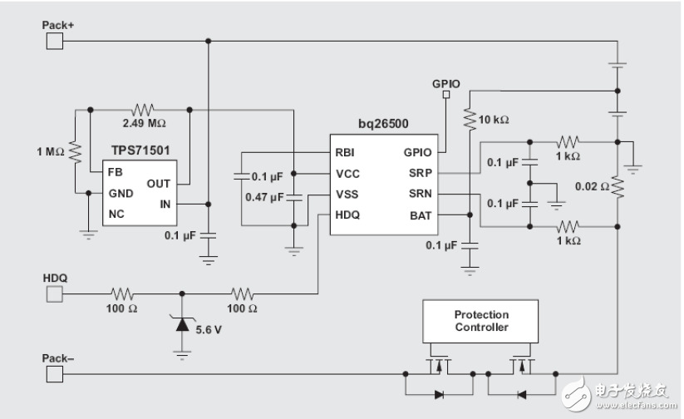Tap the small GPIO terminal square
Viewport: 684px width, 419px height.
pos(446,95)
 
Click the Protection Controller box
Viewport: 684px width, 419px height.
pos(481,322)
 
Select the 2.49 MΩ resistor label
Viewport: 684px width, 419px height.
pos(144,123)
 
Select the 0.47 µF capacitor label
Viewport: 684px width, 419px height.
pos(264,197)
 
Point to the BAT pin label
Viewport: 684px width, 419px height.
pos(419,215)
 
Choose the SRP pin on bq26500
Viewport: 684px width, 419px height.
pos(419,174)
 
